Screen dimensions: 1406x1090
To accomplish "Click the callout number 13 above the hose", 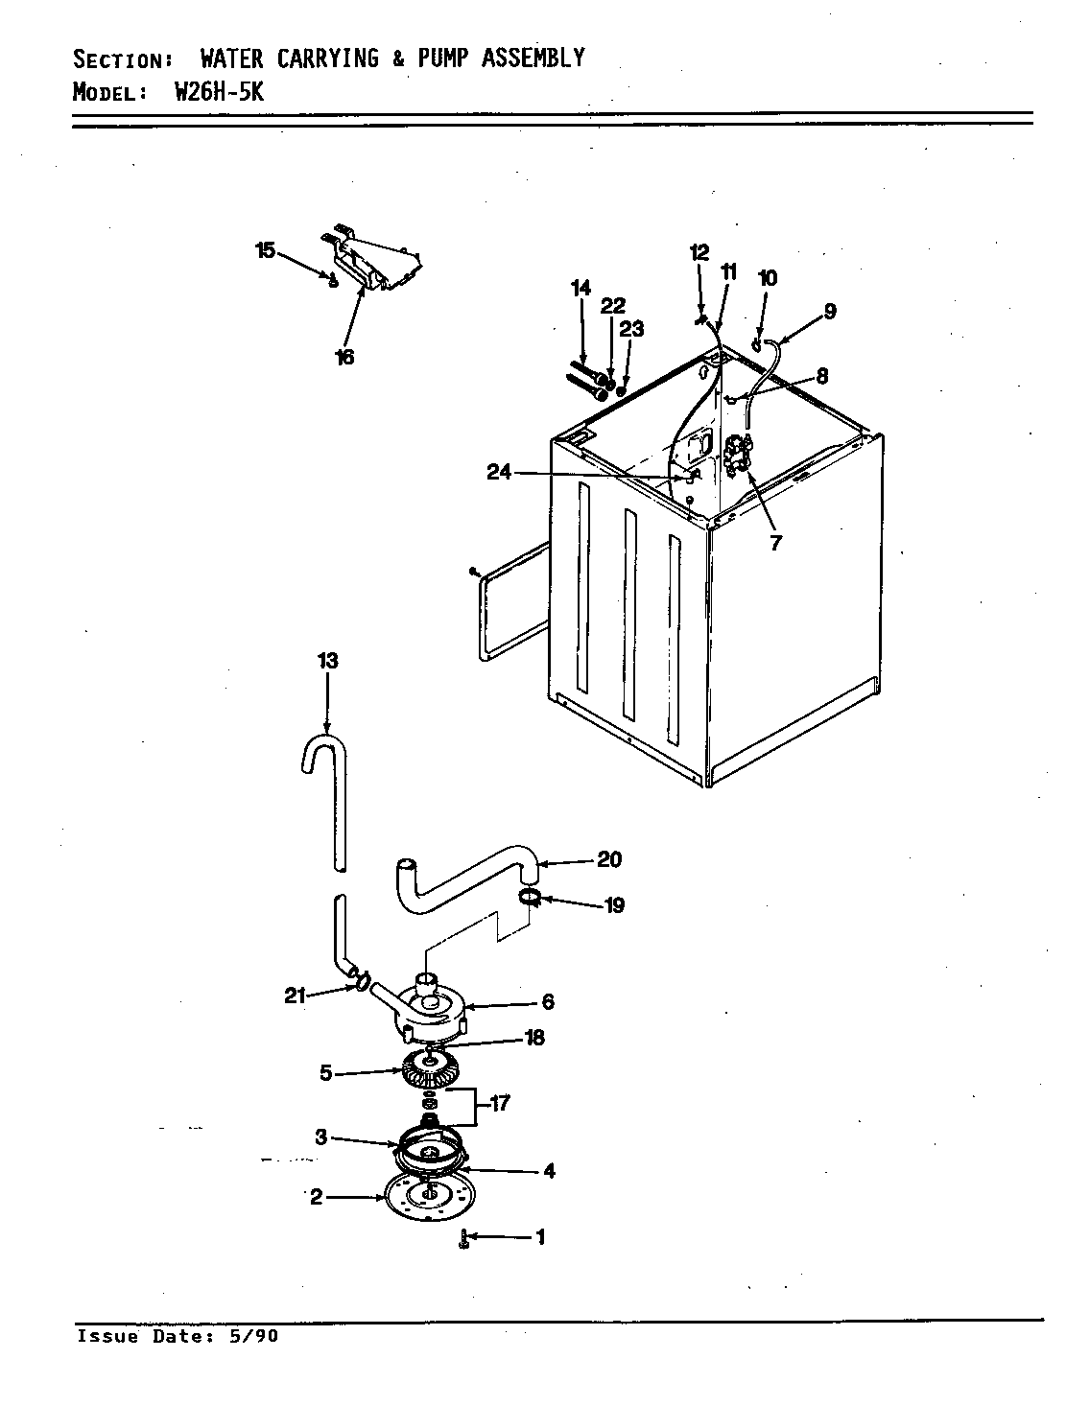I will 327,662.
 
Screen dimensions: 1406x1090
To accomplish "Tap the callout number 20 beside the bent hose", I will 609,859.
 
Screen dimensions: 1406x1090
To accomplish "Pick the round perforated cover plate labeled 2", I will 424,1197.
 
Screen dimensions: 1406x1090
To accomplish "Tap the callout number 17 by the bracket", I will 499,1104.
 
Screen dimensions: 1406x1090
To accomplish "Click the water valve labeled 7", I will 739,455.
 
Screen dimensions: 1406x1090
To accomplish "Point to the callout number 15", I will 265,251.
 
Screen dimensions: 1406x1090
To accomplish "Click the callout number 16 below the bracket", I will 344,358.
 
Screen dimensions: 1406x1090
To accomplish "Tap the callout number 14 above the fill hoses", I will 581,288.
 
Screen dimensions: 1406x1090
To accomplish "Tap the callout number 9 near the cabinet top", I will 829,311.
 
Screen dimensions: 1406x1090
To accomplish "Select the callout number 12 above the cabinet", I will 699,252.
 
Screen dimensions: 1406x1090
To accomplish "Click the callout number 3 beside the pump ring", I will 321,1137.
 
